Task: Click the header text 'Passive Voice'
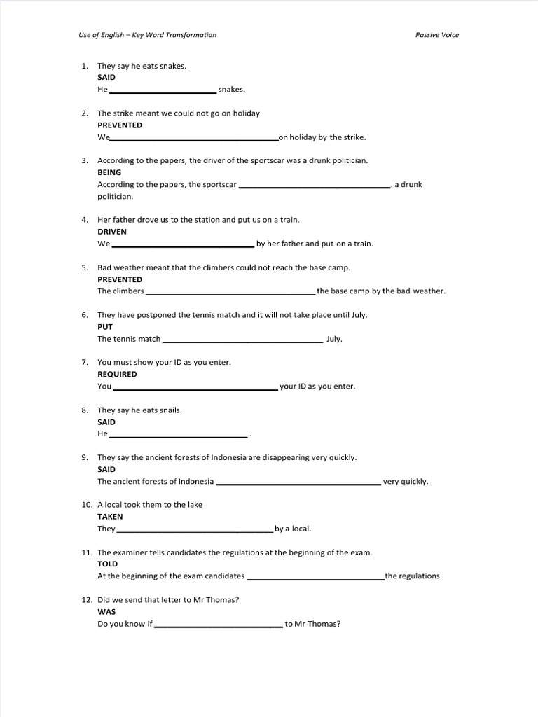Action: [x=437, y=35]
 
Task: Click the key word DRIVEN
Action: [x=112, y=232]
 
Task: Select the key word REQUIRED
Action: [x=117, y=375]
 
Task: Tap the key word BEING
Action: [x=109, y=172]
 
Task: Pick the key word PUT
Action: [x=105, y=327]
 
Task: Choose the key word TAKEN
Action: [x=110, y=517]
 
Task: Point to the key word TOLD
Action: [x=108, y=564]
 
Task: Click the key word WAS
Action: [x=106, y=612]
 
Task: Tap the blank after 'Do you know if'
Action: [x=218, y=625]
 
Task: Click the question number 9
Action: [x=84, y=457]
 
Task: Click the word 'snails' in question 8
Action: [x=169, y=410]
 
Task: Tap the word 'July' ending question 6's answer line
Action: [x=334, y=339]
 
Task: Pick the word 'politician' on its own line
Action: [x=115, y=197]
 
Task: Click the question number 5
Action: [x=84, y=267]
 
